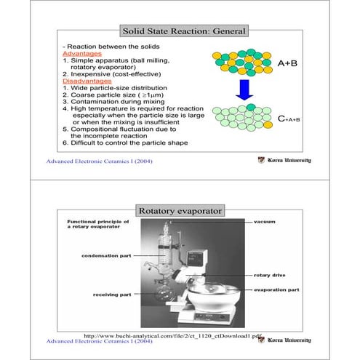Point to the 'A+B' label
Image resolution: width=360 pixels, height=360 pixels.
[289, 63]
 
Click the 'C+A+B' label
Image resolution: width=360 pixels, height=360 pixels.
[288, 116]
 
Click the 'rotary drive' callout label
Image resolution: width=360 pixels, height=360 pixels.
[273, 276]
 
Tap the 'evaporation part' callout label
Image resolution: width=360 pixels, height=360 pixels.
[276, 289]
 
